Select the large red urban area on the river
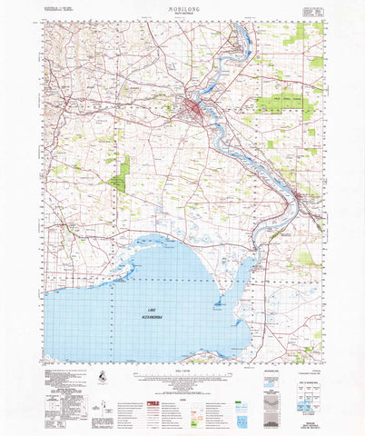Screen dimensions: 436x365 194,111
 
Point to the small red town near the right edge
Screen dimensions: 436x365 301,194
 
